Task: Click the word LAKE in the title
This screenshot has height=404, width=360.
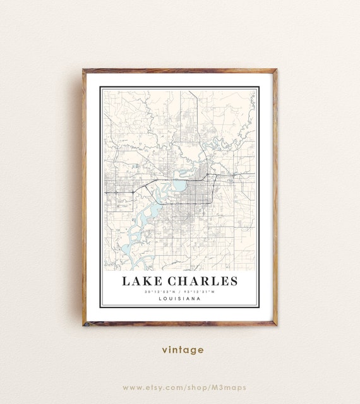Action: [140, 281]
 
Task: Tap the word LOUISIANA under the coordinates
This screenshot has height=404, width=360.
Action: [180, 299]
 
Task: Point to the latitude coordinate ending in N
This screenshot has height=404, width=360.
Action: [160, 292]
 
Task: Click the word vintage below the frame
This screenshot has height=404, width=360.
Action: [183, 349]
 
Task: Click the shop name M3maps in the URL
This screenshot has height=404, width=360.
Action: [231, 387]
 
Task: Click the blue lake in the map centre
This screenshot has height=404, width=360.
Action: [179, 186]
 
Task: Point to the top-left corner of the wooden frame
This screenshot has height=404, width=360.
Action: [84, 70]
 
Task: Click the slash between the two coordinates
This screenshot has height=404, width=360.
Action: [180, 292]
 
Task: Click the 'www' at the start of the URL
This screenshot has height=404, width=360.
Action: [130, 387]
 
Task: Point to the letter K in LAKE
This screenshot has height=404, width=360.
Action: [145, 281]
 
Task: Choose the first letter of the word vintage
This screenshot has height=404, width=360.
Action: [164, 350]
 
